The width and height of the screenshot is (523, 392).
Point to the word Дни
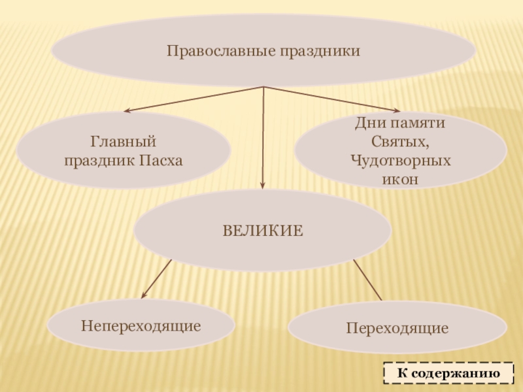coord(367,122)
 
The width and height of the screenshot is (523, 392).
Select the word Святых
coord(399,141)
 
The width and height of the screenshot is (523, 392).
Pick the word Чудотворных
coord(400,160)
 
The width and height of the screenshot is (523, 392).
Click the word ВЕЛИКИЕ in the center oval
coord(263,230)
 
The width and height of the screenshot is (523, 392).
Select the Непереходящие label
coord(141,325)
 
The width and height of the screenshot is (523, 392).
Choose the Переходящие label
coord(397,328)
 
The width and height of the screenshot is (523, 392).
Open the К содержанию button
coord(448,374)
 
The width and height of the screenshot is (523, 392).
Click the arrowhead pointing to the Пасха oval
coord(128,111)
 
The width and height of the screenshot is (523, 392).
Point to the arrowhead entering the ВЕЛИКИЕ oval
coord(263,186)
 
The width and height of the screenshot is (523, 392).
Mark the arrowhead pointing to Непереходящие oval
coord(144,295)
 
